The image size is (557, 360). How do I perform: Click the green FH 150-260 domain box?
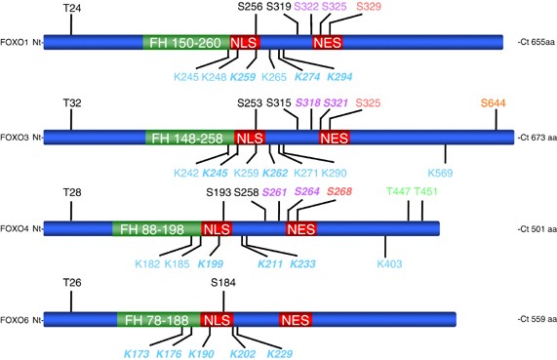tap(185, 44)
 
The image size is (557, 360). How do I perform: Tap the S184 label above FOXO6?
tap(224, 283)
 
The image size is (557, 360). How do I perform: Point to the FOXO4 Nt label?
tap(20, 229)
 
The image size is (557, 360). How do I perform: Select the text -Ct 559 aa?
tap(532, 320)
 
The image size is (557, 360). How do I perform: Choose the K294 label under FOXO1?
tap(340, 76)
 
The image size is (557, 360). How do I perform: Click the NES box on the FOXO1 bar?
tap(327, 44)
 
